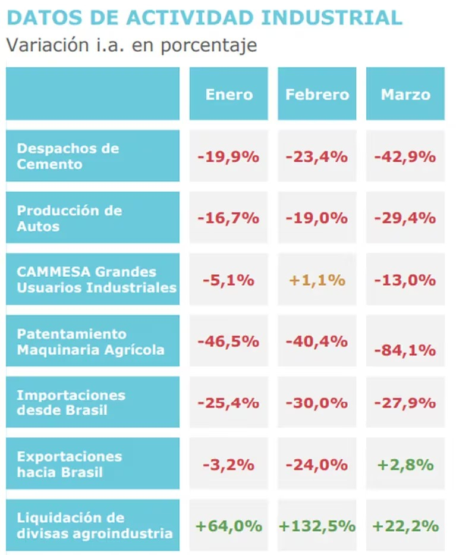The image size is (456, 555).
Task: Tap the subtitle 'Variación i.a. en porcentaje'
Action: coord(131,45)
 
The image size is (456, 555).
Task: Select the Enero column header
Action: coord(229,94)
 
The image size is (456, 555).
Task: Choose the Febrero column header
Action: coord(317,94)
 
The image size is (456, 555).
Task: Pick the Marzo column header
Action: coord(405,94)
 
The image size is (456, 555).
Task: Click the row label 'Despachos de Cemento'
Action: coord(68,156)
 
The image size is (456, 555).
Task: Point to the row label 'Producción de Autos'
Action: coord(69,218)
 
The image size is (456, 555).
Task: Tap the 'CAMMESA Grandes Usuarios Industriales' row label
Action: coord(96,280)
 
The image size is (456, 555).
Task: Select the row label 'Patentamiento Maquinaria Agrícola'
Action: coord(90,341)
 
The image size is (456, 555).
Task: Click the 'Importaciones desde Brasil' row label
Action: coord(71,403)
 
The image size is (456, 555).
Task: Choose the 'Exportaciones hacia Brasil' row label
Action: coord(69,465)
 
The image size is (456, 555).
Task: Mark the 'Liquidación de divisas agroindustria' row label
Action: coord(95,525)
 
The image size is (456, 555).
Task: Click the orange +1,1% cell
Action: coord(317,280)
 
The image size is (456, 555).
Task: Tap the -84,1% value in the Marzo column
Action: coord(405,350)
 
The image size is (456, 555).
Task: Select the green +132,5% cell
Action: coord(317,526)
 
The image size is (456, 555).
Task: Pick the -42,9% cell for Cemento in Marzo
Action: coord(405,156)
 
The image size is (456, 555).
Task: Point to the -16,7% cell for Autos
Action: coord(229,218)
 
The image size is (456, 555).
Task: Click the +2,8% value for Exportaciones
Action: coord(405,465)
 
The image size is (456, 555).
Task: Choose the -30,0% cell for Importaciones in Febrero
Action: coord(317,403)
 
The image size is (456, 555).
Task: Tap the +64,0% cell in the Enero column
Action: coord(229,526)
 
